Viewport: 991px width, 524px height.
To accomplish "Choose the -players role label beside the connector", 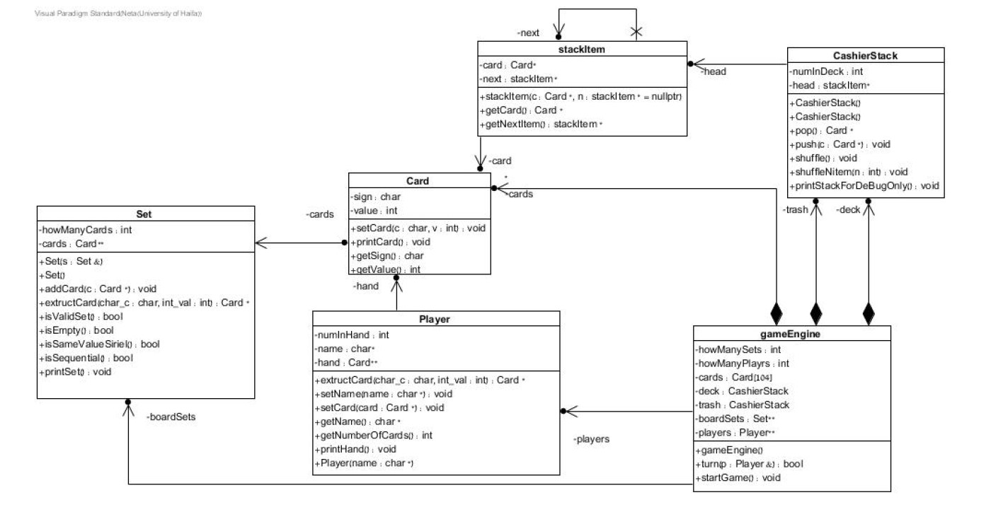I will click(x=592, y=438).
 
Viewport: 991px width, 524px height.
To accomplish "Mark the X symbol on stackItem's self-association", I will click(x=636, y=32).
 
